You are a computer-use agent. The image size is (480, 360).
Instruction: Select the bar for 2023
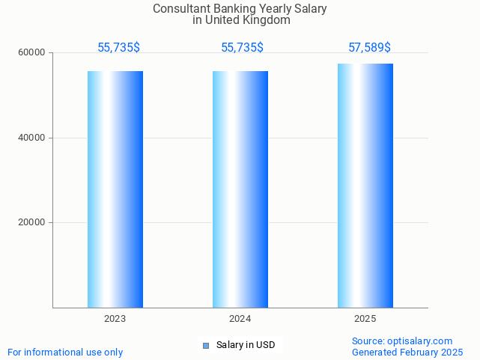pos(115,189)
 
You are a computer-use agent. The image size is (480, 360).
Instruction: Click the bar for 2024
pos(240,189)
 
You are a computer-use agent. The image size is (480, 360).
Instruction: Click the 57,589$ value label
pos(369,48)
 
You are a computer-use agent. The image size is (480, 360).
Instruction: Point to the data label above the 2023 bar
pos(118,48)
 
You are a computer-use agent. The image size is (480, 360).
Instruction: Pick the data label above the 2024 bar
pos(242,48)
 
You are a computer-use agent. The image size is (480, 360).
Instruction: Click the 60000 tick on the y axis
pos(33,53)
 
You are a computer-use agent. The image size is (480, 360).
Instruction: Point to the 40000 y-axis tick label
pos(33,138)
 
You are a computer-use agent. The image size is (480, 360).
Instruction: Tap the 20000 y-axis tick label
pos(33,222)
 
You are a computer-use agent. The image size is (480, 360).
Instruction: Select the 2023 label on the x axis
pos(115,319)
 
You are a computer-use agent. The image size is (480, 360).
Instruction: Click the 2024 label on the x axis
pos(240,319)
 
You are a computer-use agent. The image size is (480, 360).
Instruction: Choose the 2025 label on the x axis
pos(365,319)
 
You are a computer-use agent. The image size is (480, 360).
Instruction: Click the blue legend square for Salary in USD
pos(206,345)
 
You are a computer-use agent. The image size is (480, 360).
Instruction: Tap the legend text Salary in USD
pos(246,345)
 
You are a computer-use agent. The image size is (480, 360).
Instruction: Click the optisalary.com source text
pos(402,341)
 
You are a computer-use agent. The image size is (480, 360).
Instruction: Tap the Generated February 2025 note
pos(407,353)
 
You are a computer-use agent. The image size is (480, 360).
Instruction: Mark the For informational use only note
pos(65,353)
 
